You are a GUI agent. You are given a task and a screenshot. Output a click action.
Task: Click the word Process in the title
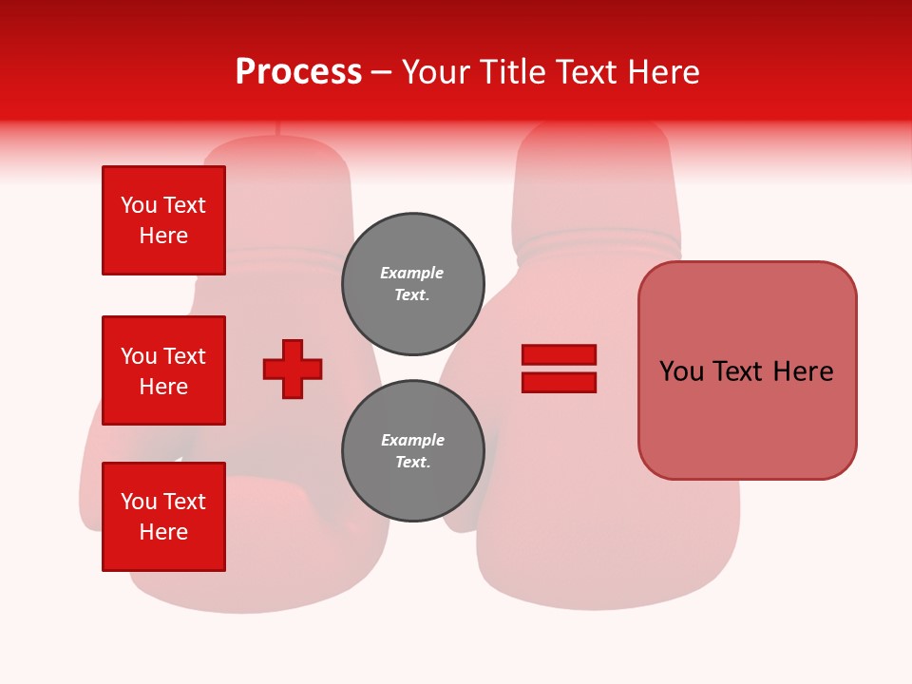click(x=298, y=72)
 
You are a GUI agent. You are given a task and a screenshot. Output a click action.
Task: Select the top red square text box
click(x=163, y=220)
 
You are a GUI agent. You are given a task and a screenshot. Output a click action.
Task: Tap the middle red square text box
click(x=163, y=370)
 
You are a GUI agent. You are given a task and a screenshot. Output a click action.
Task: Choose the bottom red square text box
click(x=163, y=517)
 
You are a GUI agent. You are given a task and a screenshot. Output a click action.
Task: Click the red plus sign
click(x=293, y=369)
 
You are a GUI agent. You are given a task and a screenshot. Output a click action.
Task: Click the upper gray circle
click(x=412, y=284)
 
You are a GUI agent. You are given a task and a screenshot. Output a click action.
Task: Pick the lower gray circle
click(x=412, y=451)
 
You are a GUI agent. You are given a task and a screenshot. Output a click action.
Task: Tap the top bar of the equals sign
click(x=559, y=354)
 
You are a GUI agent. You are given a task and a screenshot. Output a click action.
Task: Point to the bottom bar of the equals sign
click(x=559, y=382)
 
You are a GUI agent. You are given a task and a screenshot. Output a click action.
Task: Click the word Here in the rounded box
click(x=803, y=371)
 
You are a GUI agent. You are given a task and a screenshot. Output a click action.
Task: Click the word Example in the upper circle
click(x=412, y=273)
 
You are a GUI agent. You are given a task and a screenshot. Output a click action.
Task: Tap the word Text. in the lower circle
click(x=412, y=463)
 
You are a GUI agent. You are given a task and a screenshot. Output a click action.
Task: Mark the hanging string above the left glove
click(x=277, y=129)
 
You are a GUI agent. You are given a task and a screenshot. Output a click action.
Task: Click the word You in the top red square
click(x=139, y=205)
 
